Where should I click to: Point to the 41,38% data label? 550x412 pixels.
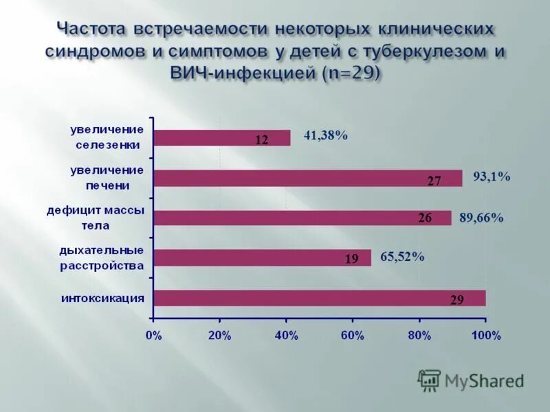(325, 136)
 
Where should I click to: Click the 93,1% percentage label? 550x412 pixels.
(491, 177)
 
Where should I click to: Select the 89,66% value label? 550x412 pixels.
(481, 218)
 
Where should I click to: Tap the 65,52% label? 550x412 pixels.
(401, 257)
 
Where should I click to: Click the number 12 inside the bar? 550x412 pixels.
(261, 140)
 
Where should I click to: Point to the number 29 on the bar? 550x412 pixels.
(456, 301)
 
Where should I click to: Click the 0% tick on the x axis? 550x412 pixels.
(153, 336)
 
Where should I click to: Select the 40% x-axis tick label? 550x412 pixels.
(286, 336)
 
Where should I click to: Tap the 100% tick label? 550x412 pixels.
(486, 336)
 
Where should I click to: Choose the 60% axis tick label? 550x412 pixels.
(353, 336)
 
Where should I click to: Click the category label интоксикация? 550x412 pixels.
(102, 297)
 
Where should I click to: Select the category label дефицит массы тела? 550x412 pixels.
(96, 218)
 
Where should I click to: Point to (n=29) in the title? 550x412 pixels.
(351, 73)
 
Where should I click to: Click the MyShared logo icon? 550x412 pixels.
(429, 380)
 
